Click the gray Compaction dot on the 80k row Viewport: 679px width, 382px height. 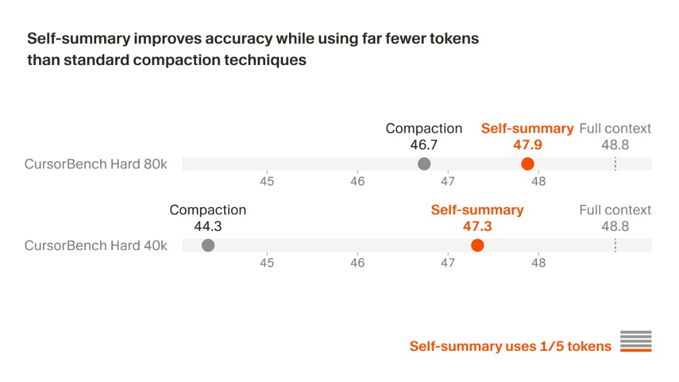pos(424,164)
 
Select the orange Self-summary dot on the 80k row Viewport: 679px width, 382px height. pos(527,164)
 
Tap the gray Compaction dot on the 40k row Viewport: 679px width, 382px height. pos(208,245)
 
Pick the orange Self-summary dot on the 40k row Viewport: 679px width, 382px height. pos(477,245)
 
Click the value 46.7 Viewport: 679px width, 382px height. pos(424,145)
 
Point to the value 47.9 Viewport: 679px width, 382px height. pos(527,145)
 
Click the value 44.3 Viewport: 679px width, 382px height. pos(208,226)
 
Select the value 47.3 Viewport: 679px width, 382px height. pos(477,226)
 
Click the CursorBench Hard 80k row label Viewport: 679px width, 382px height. pos(95,164)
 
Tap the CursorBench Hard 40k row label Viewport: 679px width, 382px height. pos(95,245)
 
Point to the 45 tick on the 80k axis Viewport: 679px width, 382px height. pos(267,181)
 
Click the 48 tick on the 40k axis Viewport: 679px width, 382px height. pos(538,263)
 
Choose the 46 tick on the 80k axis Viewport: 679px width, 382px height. pos(357,181)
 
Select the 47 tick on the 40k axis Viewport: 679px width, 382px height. pos(448,263)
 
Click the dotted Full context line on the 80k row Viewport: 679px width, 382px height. pos(615,164)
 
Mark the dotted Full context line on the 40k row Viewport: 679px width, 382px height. pos(615,245)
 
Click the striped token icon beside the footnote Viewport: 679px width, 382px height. pos(636,342)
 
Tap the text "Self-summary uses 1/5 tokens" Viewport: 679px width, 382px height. pos(511,346)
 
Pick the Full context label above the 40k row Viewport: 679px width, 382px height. pos(615,210)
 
